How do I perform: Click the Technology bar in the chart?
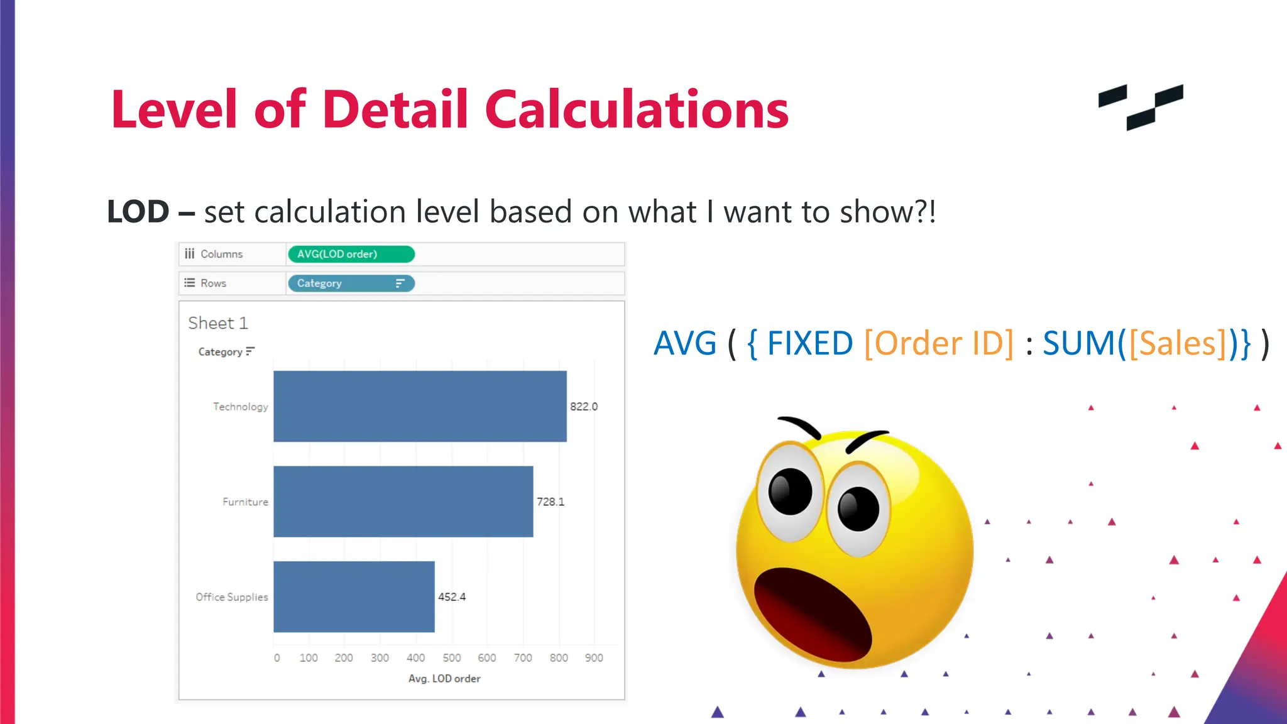tap(420, 406)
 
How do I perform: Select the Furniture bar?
tap(403, 502)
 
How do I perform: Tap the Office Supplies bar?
tap(354, 596)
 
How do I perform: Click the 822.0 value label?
tap(584, 407)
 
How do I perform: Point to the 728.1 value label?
tap(550, 502)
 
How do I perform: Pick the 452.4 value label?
tap(452, 596)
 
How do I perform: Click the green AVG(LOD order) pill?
tap(351, 254)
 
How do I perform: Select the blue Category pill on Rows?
tap(351, 283)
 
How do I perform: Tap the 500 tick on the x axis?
tap(451, 657)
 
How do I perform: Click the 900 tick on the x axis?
tap(594, 657)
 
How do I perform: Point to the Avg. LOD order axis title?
tap(444, 679)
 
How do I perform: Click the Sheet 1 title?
tap(218, 323)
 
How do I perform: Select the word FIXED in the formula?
tap(810, 344)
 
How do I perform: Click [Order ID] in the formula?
tap(939, 344)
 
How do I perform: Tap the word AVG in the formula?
tap(685, 344)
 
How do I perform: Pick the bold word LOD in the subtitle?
tap(138, 212)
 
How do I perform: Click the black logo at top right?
tap(1141, 107)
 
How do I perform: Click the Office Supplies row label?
tap(232, 597)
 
